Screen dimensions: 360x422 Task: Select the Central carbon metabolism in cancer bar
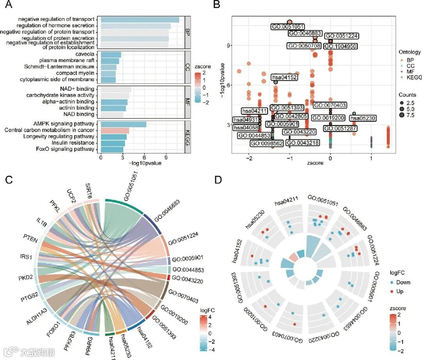pos(115,131)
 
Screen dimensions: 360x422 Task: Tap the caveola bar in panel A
pos(111,55)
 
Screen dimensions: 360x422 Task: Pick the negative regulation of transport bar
pos(140,20)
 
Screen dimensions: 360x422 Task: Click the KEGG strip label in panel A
pos(188,136)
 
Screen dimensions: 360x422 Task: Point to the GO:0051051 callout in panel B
pos(288,27)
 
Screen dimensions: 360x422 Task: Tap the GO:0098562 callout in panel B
pos(267,143)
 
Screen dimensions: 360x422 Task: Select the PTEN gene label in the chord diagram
pos(30,239)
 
